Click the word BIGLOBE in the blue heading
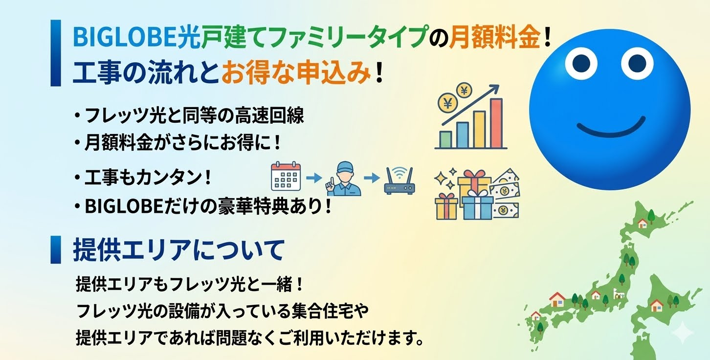coord(126,37)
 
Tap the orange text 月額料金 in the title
coord(495,37)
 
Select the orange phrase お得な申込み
coord(296,72)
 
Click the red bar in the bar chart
coord(497,123)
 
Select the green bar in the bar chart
coord(445,139)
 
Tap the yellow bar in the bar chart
coord(479,130)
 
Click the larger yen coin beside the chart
coord(448,103)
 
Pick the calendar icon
coord(286,177)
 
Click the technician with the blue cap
coord(344,179)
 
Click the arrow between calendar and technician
coord(314,178)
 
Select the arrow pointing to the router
coord(372,178)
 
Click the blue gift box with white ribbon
coord(478,205)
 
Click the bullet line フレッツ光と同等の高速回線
coord(195,115)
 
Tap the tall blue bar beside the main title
coord(55,53)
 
